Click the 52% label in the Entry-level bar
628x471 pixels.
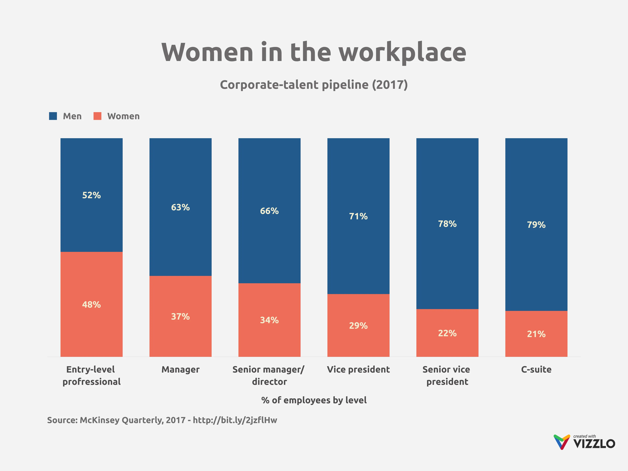91,195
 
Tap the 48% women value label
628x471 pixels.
91,305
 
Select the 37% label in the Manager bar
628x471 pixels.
180,317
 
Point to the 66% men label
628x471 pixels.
269,211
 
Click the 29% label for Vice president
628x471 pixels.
358,326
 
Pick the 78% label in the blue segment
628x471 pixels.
447,224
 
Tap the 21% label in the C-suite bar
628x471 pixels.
536,334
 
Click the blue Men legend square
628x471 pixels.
53,116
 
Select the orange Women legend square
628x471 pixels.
97,116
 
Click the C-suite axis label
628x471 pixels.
536,370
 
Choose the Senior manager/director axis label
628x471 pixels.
269,375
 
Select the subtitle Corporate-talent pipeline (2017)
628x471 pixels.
314,85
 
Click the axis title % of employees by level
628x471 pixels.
314,400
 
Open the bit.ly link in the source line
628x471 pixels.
235,420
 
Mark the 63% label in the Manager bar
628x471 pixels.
180,207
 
